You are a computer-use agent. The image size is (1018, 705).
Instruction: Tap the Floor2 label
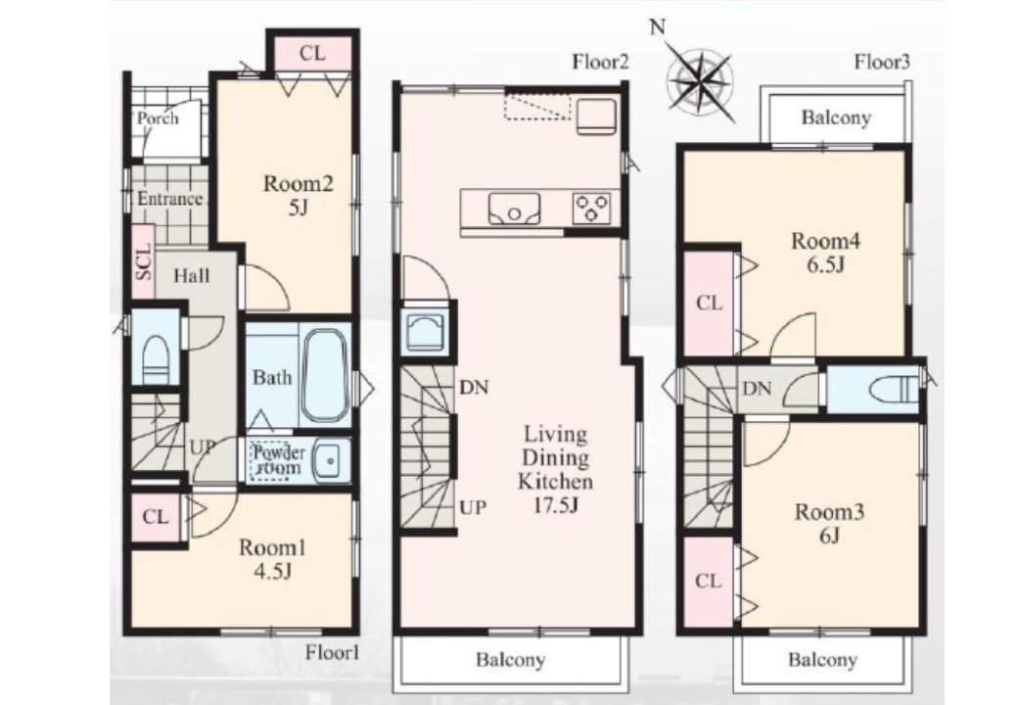coord(601,63)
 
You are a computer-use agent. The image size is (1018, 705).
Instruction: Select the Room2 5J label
coord(298,196)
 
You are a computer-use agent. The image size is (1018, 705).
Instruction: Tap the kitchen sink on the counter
coord(514,208)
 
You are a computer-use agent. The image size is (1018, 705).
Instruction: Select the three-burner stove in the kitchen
coord(591,208)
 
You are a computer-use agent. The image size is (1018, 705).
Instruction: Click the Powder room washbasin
coord(331,459)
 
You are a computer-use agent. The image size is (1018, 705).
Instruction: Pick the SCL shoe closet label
coord(144,261)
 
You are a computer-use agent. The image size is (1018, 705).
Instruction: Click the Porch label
coord(158,118)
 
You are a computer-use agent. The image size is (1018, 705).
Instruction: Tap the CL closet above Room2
coord(312,53)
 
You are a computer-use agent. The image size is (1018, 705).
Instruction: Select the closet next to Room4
coord(709,304)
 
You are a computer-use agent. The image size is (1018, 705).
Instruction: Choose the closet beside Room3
coord(709,581)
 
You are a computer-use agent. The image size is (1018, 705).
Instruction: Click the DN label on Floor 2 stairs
coord(474,388)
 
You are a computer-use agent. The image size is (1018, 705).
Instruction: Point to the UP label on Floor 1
coord(202,447)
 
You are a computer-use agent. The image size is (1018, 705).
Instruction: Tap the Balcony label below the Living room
coord(510,661)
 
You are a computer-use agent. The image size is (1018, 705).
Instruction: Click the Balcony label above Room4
coord(836,118)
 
